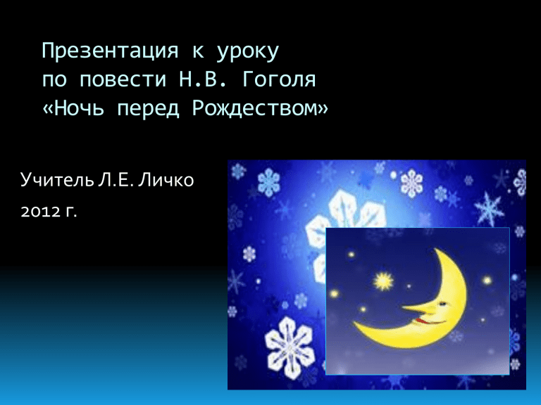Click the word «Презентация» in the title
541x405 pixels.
110,51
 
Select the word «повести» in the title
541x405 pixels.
123,80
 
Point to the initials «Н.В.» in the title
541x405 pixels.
203,79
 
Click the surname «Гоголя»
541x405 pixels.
279,79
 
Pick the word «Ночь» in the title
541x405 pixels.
79,108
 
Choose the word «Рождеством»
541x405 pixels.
254,109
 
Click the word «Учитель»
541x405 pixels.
57,179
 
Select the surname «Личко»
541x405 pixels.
166,180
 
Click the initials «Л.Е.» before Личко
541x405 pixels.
116,180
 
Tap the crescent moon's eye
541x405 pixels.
442,304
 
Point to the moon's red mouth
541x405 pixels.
429,322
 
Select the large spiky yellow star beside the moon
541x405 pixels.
383,281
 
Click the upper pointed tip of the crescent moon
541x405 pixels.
435,249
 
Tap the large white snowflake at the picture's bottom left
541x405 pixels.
290,348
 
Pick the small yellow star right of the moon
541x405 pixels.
487,281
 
